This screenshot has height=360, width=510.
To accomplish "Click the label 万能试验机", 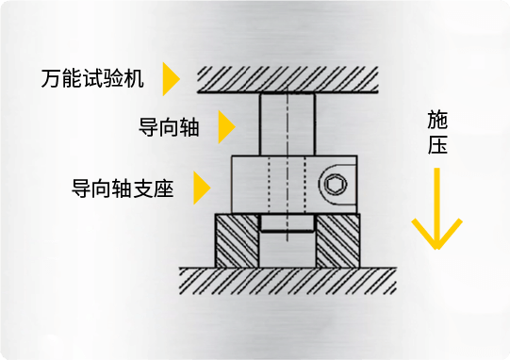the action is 92,78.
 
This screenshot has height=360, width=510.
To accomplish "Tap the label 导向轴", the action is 169,127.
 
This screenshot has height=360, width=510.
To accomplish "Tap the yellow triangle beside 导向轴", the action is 225,127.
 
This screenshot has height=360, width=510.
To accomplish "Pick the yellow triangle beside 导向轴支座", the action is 200,188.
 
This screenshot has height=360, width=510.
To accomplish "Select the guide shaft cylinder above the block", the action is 287,123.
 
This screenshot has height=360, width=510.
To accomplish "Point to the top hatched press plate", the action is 288,77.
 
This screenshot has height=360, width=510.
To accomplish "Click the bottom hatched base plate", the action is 288,279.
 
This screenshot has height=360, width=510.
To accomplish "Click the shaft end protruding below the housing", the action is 287,223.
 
